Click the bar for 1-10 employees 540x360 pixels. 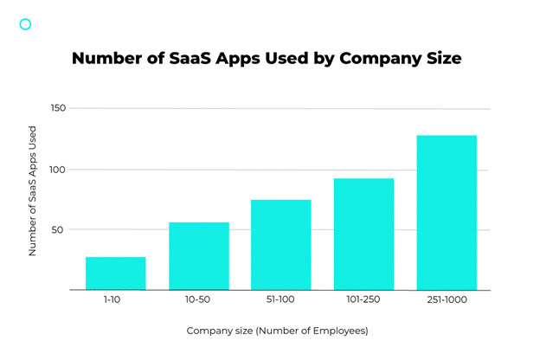(115, 273)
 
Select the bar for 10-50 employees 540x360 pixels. (198, 255)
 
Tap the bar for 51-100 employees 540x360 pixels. (280, 244)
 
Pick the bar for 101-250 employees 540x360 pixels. (363, 234)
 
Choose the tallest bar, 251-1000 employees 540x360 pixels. (447, 212)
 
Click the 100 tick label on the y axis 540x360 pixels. (56, 170)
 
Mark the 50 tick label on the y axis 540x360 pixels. (58, 230)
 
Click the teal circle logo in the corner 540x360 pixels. (25, 24)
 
